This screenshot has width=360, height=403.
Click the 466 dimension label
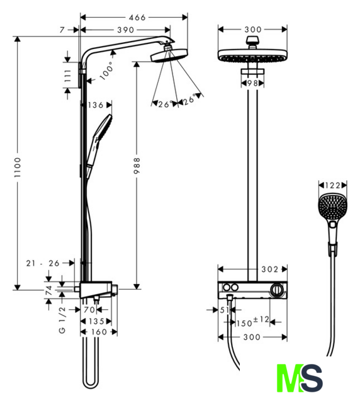coord(137,18)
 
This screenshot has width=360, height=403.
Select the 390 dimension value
coord(126,30)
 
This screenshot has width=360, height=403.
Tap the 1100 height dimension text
coord(18,167)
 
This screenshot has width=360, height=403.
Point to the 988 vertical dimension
coord(137,166)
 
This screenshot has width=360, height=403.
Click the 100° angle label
coord(107,71)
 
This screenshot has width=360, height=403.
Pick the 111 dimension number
coord(67,76)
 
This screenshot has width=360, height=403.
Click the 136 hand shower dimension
coord(95,105)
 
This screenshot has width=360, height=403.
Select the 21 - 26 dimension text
coord(43,263)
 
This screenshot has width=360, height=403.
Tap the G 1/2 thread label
coord(62,320)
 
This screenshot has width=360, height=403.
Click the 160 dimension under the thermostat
coord(99,332)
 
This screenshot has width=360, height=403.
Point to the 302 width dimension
coord(270,270)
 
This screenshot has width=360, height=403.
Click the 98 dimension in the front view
coord(252,83)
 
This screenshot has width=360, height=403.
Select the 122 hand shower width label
coord(332,185)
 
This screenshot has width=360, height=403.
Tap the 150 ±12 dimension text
coord(252,322)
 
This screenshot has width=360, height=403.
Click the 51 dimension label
coord(225,310)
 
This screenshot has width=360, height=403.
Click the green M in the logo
coord(289,377)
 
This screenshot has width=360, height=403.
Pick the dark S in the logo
coord(311,377)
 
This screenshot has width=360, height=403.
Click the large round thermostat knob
coord(277,290)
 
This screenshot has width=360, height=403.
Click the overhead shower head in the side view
coord(169,56)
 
